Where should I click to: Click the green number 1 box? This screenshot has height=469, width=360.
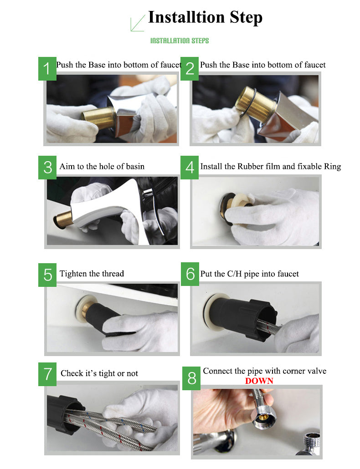click(47, 68)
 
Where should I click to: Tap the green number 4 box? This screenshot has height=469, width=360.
click(190, 168)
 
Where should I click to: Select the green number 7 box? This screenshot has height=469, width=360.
click(47, 374)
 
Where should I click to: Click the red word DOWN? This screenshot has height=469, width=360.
click(259, 381)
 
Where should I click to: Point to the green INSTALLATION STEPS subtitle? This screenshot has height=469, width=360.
click(180, 41)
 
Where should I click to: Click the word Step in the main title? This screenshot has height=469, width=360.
click(246, 17)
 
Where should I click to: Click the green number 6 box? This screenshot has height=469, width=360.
click(190, 274)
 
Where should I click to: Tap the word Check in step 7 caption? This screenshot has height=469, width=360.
click(72, 373)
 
